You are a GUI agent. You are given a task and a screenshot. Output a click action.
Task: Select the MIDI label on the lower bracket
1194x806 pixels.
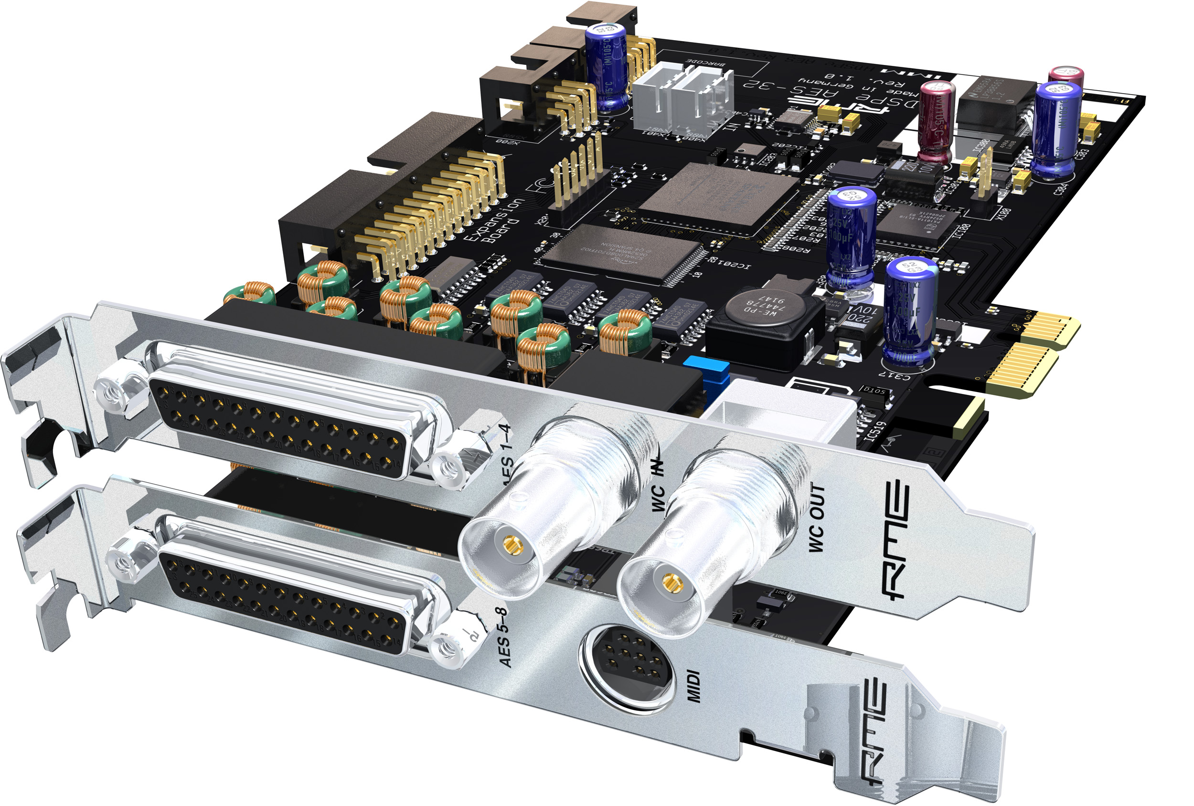tap(693, 685)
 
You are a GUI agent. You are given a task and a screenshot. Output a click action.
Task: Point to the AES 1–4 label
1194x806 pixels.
tap(505, 452)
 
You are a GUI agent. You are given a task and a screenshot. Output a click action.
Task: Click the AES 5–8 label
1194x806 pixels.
tap(504, 637)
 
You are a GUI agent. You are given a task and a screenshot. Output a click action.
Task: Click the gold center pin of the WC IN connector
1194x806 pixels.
tap(511, 543)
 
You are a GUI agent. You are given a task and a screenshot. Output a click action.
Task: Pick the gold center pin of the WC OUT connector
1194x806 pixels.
tap(669, 582)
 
